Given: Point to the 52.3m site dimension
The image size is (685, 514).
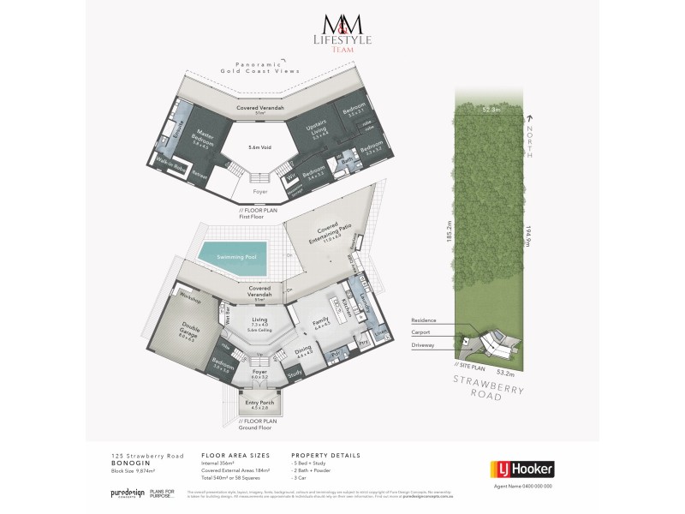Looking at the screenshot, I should tap(491, 110).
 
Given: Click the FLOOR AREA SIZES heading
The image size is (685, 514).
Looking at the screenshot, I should tap(230, 455).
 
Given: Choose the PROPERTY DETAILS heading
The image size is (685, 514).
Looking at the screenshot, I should tap(325, 455).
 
